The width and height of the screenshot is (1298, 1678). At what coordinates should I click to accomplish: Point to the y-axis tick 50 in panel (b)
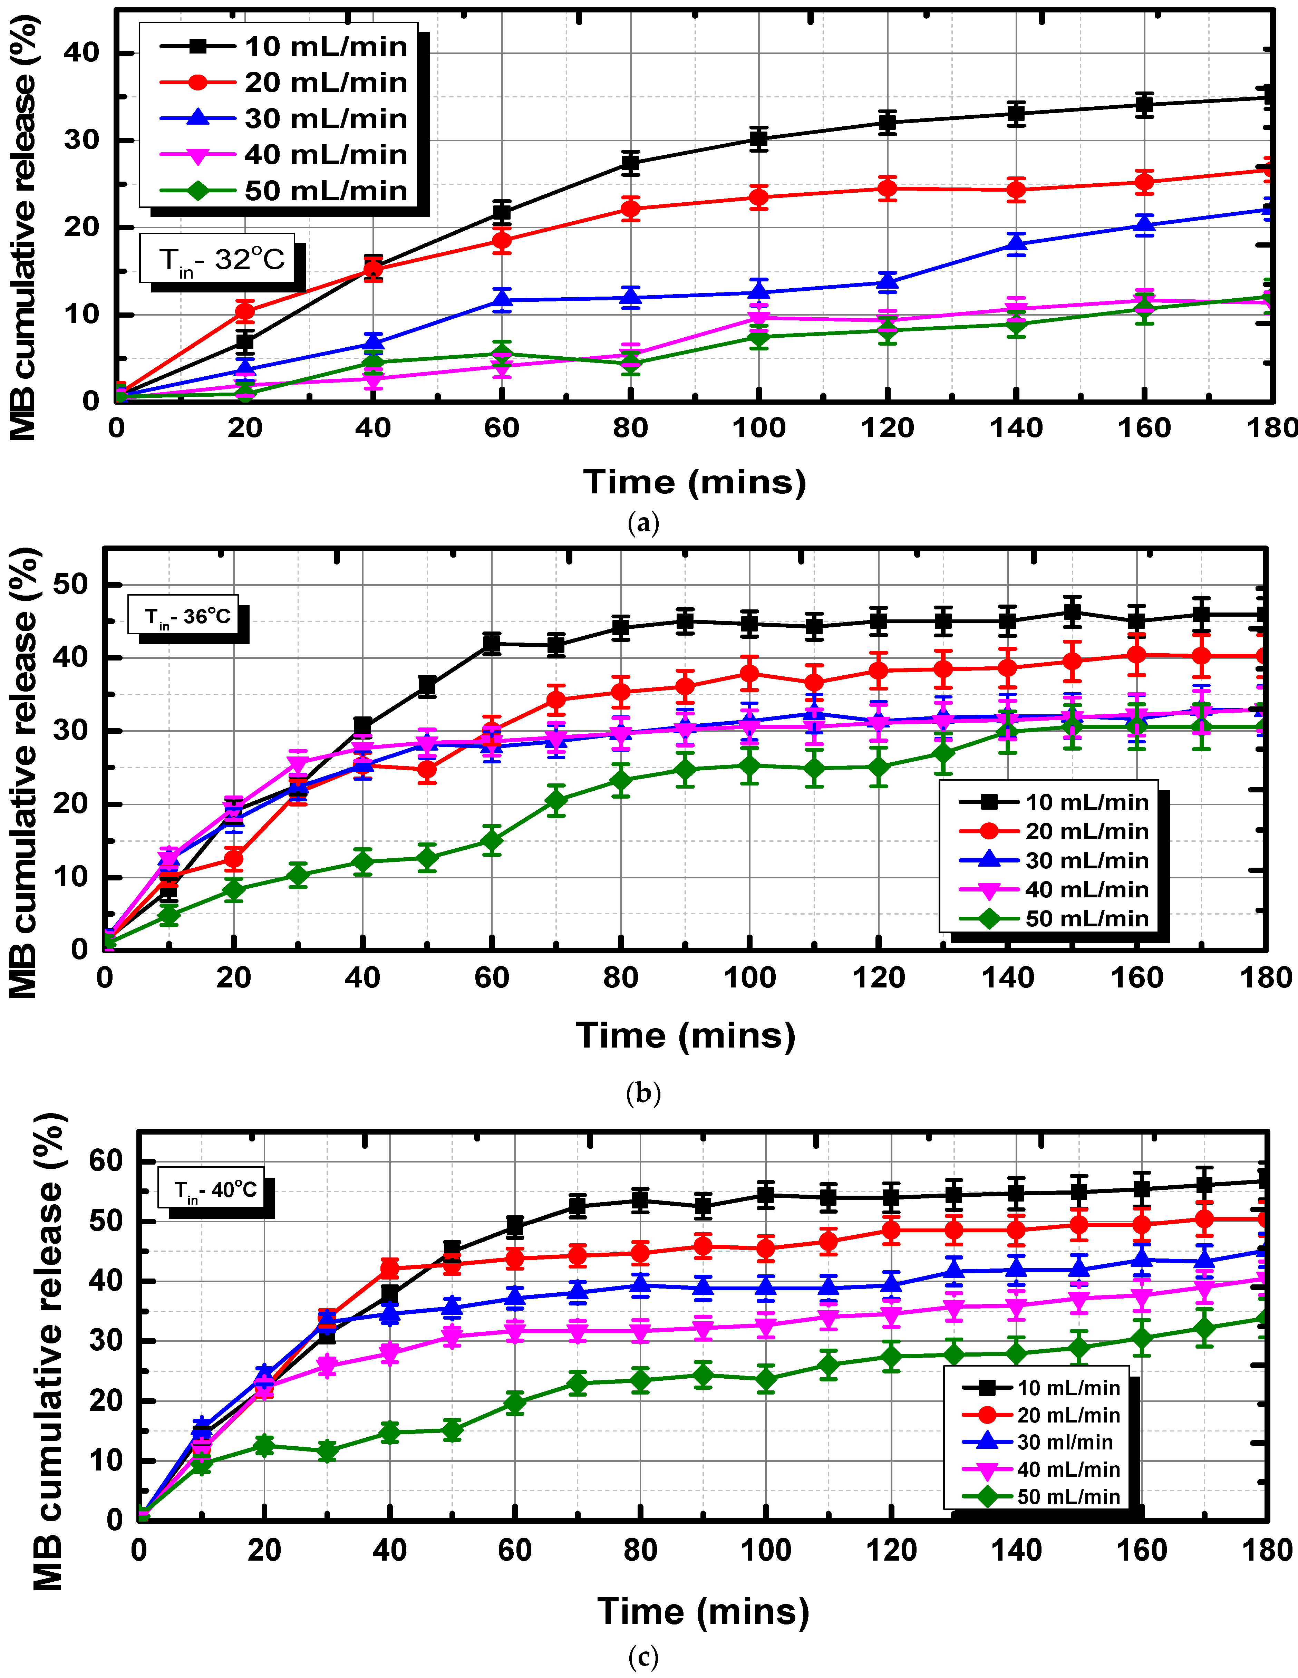click(71, 585)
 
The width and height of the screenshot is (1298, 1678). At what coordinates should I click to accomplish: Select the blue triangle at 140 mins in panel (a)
click(1016, 244)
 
